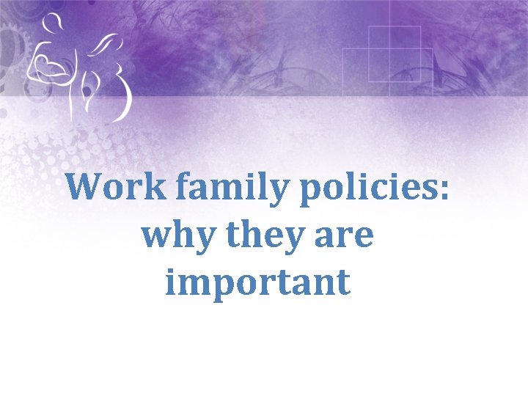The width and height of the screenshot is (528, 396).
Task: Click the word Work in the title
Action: [117, 187]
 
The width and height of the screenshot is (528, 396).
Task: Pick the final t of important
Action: [342, 283]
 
